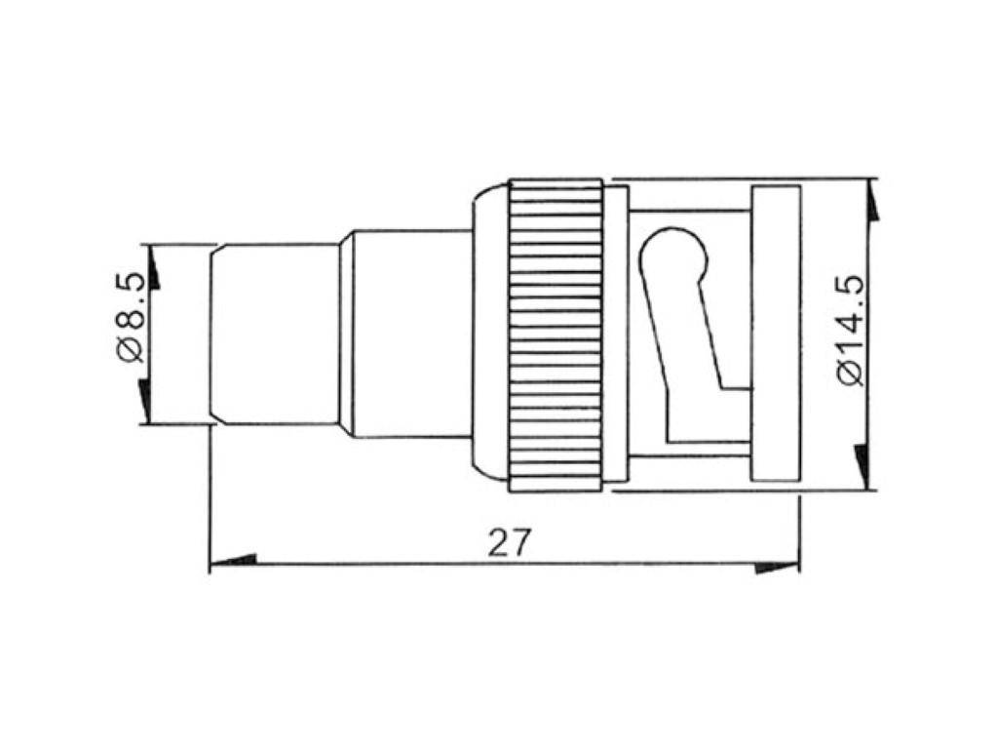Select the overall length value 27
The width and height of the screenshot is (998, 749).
pyautogui.click(x=511, y=542)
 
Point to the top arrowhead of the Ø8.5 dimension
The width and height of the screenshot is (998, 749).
pyautogui.click(x=152, y=268)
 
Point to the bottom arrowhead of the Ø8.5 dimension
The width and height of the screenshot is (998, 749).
pyautogui.click(x=145, y=401)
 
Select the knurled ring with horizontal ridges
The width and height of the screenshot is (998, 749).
pyautogui.click(x=556, y=335)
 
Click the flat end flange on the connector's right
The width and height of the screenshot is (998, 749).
pyautogui.click(x=775, y=335)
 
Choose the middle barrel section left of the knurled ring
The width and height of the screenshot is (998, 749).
pyautogui.click(x=409, y=335)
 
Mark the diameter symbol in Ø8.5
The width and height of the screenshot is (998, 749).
pyautogui.click(x=132, y=350)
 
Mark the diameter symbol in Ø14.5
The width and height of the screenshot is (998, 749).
pyautogui.click(x=850, y=373)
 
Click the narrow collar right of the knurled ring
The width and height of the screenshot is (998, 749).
pyautogui.click(x=616, y=335)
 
